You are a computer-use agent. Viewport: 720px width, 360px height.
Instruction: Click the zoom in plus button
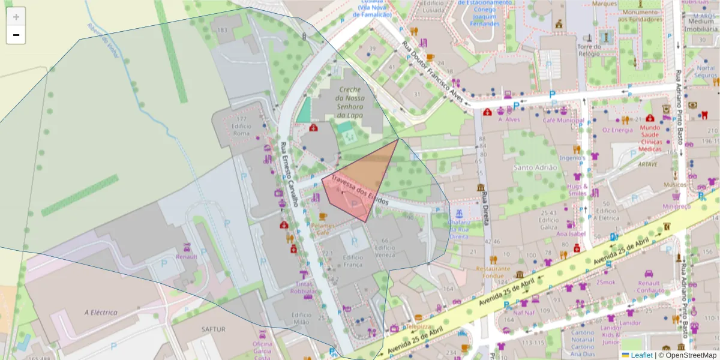(x=16, y=17)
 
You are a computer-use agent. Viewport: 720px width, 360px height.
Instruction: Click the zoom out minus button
(x=16, y=35)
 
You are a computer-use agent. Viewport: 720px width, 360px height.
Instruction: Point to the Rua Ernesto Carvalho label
(x=289, y=175)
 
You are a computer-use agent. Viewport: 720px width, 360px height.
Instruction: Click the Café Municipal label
(x=563, y=120)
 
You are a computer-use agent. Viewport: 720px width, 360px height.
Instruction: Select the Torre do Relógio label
(x=589, y=50)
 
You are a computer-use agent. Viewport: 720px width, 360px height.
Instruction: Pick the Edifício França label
(x=353, y=261)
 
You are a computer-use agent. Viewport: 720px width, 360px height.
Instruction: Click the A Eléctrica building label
(x=101, y=312)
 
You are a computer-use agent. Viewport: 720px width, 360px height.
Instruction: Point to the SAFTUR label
(x=213, y=329)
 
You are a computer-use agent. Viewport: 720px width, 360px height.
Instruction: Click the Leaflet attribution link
(x=640, y=355)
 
